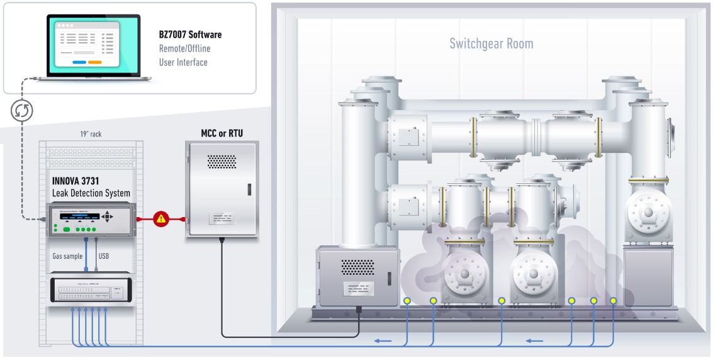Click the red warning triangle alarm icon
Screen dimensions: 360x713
coord(161,219)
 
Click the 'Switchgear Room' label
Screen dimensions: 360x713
coord(491,43)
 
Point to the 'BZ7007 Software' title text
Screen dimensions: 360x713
coord(190,35)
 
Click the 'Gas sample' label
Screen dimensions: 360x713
coord(68,256)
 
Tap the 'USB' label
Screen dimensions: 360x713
coord(105,256)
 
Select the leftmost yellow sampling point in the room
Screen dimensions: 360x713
coord(407,300)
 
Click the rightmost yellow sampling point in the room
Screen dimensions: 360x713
coord(614,300)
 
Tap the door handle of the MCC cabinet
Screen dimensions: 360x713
coord(250,189)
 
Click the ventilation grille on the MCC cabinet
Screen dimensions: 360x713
coord(222,162)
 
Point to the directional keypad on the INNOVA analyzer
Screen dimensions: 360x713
coord(108,217)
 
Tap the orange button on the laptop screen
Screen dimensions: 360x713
coord(94,62)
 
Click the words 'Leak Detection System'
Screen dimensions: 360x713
coord(91,193)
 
